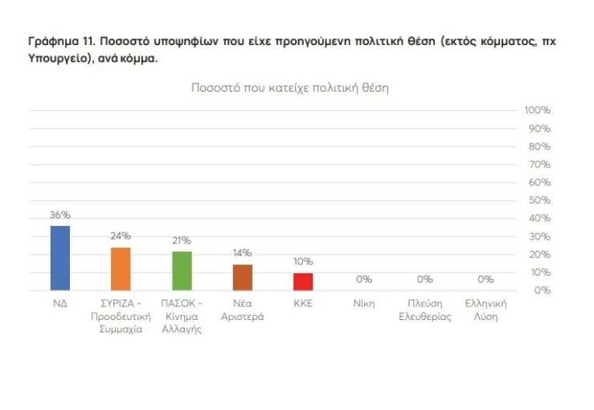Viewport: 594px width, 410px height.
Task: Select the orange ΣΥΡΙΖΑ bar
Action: [x=121, y=269]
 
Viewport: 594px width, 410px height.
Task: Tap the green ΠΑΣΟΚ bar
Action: [x=182, y=271]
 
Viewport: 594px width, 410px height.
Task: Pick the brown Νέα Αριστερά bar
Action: [x=243, y=277]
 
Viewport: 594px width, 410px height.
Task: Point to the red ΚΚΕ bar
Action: [x=303, y=281]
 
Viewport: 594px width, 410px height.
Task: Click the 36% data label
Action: [x=60, y=215]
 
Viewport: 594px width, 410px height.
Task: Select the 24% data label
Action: [x=121, y=236]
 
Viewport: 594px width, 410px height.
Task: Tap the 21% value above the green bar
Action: [x=182, y=240]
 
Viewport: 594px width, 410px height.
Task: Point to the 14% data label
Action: [x=243, y=253]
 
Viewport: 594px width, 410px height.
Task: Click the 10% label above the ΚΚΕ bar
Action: [x=303, y=261]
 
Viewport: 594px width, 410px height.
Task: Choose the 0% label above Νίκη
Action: [x=364, y=279]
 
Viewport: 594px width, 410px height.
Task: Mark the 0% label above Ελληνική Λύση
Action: [x=485, y=279]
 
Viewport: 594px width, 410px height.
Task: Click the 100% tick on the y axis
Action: [x=536, y=110]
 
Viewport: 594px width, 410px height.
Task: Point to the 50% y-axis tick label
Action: [x=539, y=200]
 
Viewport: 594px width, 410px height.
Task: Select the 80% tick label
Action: [x=539, y=146]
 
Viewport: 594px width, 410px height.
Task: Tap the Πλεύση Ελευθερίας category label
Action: [x=425, y=310]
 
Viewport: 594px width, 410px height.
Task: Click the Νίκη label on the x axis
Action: [x=364, y=304]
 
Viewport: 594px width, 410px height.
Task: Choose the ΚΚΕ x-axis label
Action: [x=303, y=304]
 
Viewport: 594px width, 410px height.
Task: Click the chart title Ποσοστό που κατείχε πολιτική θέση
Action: [x=289, y=88]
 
